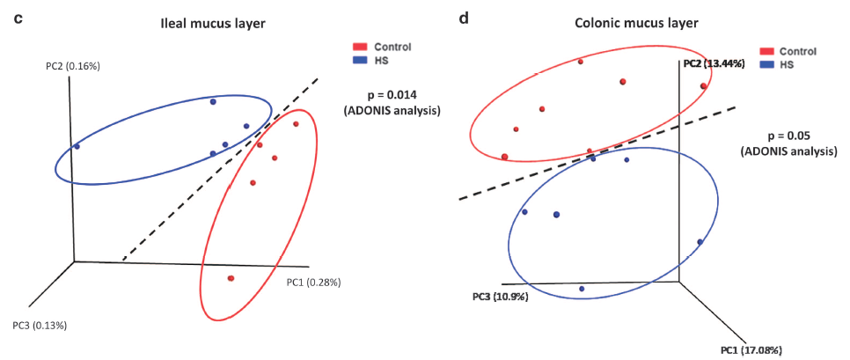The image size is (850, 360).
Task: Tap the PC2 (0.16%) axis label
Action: (x=75, y=65)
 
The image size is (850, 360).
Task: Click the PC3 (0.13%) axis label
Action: (x=40, y=325)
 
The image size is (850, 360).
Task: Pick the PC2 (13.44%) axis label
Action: (x=714, y=63)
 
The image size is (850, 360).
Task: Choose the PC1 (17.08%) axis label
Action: (x=751, y=350)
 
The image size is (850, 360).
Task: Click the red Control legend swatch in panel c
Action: (x=360, y=46)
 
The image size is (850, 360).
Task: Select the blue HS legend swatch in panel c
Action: (x=360, y=60)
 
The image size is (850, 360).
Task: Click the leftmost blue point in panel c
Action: (x=77, y=146)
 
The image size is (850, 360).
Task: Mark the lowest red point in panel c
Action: (x=231, y=278)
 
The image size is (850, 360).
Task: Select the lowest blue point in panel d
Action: (x=582, y=288)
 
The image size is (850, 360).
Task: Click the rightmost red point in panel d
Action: (x=704, y=86)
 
